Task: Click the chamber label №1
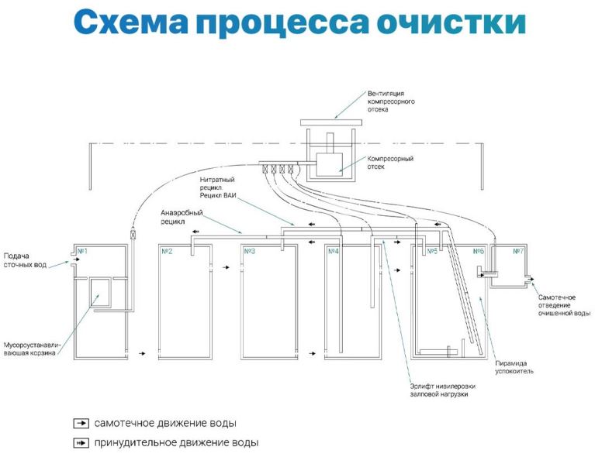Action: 82,251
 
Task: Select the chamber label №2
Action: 167,251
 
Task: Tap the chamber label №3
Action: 249,251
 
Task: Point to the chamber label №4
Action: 333,251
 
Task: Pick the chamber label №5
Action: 433,251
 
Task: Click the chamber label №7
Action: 518,251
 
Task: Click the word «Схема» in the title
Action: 130,22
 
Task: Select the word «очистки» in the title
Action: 451,22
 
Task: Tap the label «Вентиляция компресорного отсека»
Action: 391,101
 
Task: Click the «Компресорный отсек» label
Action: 390,163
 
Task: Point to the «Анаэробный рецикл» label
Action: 182,217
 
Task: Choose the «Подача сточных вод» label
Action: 25,260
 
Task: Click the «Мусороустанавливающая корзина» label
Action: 32,349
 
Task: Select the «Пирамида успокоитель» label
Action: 514,367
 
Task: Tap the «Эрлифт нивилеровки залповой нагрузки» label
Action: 442,390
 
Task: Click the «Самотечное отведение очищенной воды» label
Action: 564,305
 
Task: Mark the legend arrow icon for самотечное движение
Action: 81,423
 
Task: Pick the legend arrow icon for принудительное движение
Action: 81,442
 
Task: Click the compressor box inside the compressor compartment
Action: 330,164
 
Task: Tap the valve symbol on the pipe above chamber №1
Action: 133,235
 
